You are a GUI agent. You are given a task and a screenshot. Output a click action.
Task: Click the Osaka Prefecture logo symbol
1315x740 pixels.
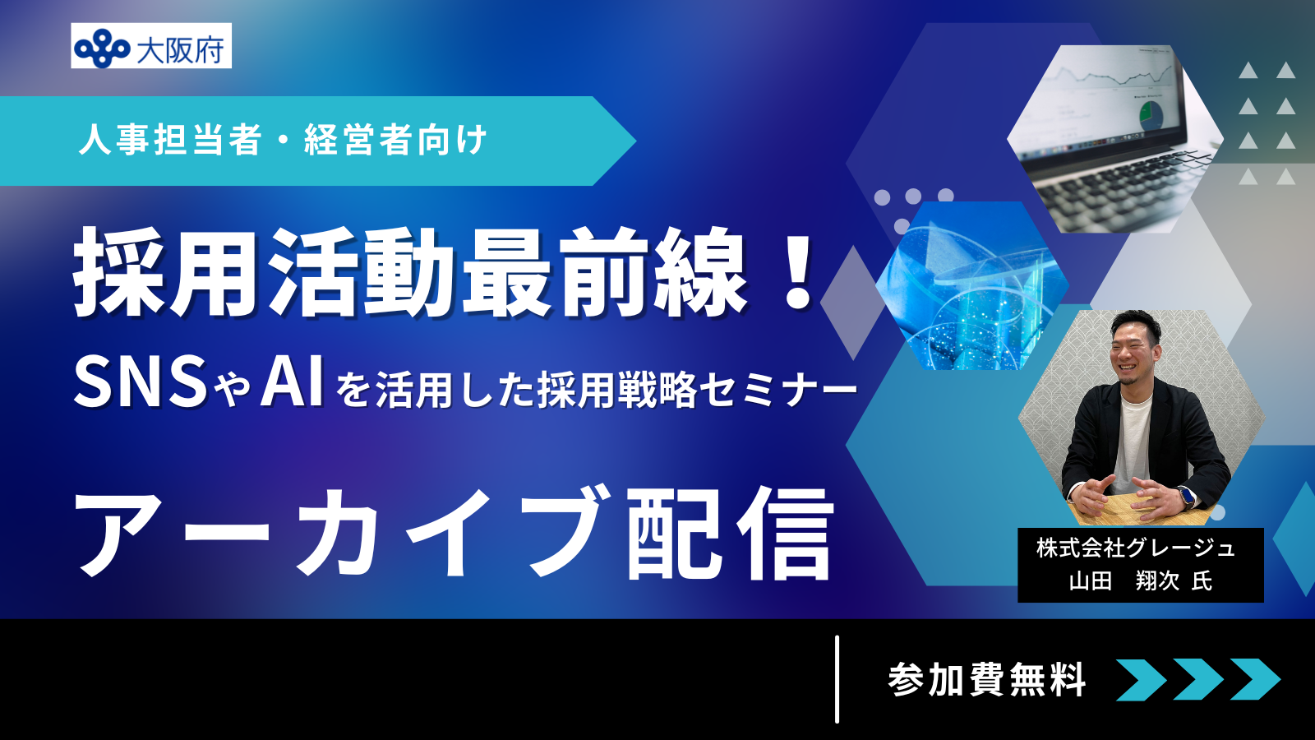102,47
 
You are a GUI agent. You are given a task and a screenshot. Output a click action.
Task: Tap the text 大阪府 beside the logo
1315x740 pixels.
180,49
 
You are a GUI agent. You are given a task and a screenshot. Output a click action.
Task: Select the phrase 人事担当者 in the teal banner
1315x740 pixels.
169,141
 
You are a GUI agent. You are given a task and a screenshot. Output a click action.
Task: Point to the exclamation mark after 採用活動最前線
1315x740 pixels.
796,271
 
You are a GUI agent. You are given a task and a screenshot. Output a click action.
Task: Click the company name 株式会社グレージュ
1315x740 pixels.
1137,548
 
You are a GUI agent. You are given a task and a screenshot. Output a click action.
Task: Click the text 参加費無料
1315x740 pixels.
987,680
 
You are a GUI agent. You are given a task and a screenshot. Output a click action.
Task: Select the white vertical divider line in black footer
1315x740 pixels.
837,679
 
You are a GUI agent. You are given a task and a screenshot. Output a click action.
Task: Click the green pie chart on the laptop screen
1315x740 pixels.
1150,115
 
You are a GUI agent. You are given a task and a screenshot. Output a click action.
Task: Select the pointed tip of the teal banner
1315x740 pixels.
636,141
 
